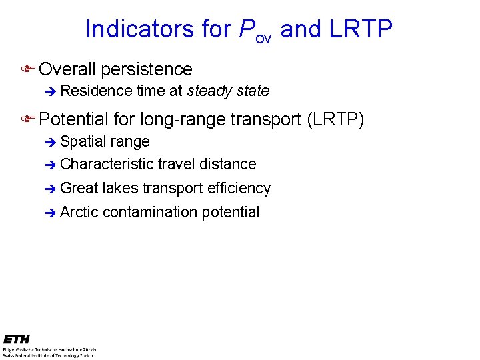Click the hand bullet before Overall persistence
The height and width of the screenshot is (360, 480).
[27, 69]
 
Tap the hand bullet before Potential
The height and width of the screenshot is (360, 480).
[27, 119]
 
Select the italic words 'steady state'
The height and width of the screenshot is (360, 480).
[229, 91]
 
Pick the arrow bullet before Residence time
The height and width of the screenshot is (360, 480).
[49, 91]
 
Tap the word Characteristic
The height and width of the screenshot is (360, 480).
[107, 164]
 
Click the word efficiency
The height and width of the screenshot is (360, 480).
[239, 189]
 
